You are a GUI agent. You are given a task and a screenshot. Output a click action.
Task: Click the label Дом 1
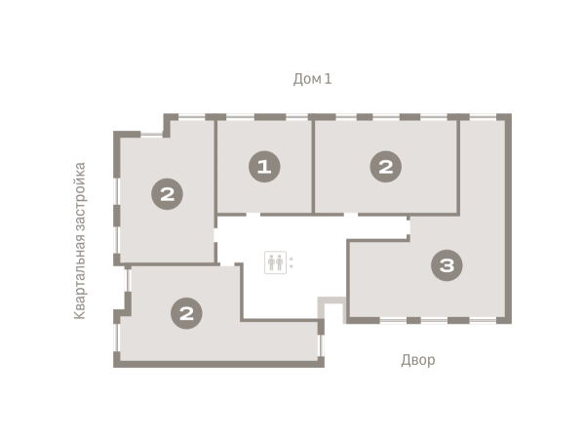click(x=312, y=79)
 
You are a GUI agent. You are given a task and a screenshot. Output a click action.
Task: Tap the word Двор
click(x=418, y=360)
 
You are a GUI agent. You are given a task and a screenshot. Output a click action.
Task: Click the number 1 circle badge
click(x=264, y=167)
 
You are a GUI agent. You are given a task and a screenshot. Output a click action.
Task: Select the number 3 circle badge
click(x=447, y=265)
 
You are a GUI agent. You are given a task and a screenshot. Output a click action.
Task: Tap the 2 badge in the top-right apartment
click(x=386, y=167)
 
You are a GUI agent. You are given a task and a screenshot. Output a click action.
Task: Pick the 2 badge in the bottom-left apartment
click(x=186, y=313)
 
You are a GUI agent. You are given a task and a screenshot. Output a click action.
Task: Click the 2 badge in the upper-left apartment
click(x=167, y=194)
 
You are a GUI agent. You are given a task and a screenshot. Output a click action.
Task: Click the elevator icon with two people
click(x=275, y=262)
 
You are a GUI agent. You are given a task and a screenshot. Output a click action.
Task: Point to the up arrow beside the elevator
click(x=291, y=259)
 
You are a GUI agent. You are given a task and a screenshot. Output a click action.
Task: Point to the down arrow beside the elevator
click(x=291, y=266)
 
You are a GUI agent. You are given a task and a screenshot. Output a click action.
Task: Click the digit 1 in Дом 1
click(x=328, y=79)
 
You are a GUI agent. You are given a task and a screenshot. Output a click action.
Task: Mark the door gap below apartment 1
click(x=253, y=215)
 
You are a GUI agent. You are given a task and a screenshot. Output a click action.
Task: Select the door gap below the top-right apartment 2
click(x=351, y=215)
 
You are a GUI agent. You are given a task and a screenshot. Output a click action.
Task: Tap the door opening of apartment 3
click(x=409, y=227)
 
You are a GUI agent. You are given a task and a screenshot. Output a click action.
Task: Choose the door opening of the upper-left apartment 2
click(x=215, y=235)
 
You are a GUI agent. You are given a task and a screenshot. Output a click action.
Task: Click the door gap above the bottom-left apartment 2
click(x=227, y=264)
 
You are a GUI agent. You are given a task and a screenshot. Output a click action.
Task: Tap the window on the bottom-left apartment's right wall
click(x=321, y=345)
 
